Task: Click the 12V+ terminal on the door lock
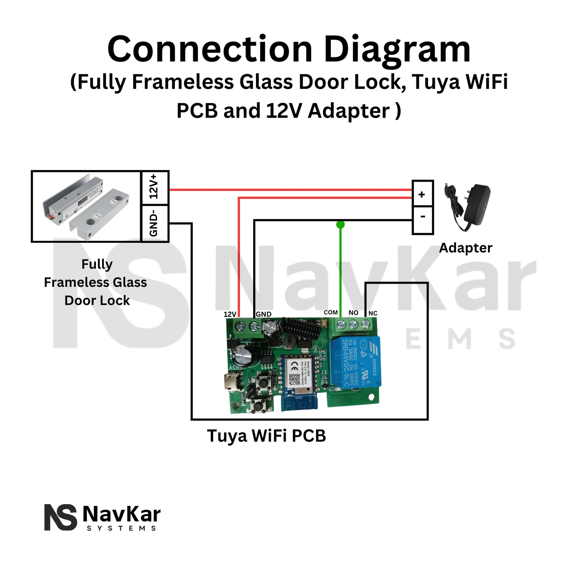click(155, 187)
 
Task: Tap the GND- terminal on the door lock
click(155, 224)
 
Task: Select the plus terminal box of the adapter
click(422, 194)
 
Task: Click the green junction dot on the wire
click(340, 224)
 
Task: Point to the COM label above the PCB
click(331, 312)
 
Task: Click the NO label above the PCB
click(353, 312)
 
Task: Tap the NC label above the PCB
click(373, 313)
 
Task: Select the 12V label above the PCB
click(230, 314)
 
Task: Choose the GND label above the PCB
click(264, 314)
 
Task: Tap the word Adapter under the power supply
click(466, 248)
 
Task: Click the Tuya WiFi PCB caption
click(266, 436)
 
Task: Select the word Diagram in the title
click(397, 49)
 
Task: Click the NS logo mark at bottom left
click(60, 517)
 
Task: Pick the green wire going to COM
click(340, 272)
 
